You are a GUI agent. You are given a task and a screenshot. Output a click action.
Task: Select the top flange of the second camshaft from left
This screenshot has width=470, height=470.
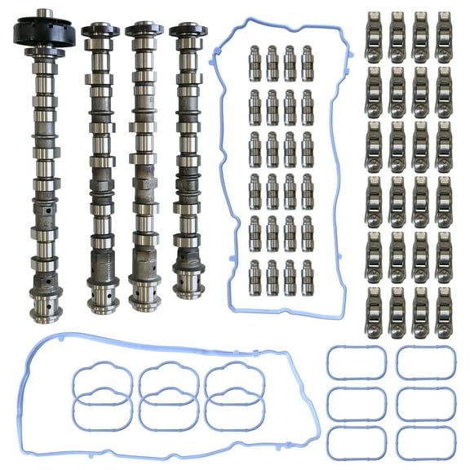point(100,30)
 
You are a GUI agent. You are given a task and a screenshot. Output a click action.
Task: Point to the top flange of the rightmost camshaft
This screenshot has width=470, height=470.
point(188,29)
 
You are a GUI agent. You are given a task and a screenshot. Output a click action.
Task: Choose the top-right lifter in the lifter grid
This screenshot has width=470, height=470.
point(308,63)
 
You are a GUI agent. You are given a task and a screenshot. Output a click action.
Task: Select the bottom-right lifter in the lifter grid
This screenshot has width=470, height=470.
point(308,277)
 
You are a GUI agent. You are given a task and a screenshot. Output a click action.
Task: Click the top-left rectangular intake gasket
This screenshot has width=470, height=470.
point(357,361)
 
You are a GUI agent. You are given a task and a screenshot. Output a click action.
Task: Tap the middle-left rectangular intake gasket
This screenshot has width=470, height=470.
point(357,402)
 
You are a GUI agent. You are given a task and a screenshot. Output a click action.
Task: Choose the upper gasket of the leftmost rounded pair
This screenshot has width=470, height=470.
point(102,379)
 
